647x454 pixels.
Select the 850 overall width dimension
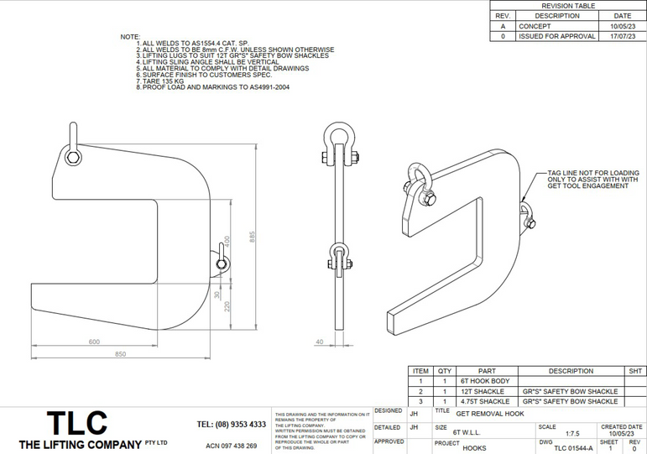pos(120,354)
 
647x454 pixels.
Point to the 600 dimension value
pos(94,342)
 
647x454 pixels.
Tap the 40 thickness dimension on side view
pos(319,342)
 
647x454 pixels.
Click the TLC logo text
pos(76,422)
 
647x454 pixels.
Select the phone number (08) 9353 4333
pos(232,425)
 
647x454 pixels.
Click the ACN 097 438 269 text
pos(232,446)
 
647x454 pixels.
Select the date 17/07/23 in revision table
pos(622,37)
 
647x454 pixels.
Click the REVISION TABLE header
pos(568,5)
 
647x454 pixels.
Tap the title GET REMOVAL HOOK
pos(490,414)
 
